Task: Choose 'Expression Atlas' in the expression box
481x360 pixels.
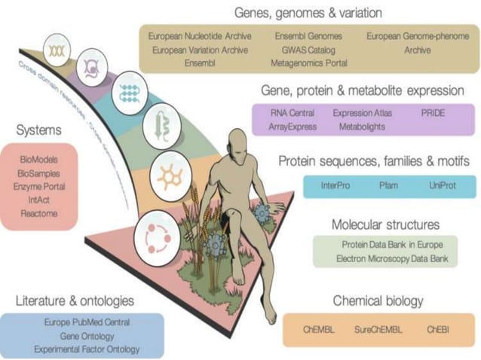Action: pos(363,113)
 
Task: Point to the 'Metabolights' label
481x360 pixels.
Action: pos(362,127)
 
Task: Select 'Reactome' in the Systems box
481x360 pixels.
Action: pos(39,214)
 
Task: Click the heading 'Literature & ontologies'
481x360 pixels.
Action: pos(75,301)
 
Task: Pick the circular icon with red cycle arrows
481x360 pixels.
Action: pos(158,239)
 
